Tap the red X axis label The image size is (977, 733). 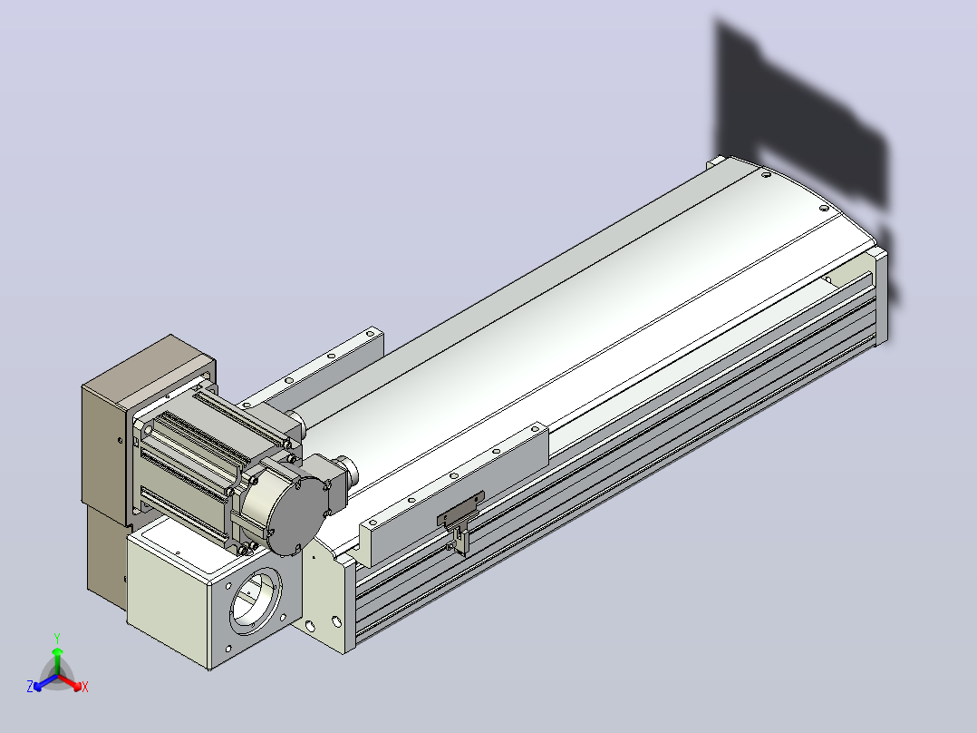pyautogui.click(x=85, y=687)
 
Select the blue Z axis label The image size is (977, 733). pyautogui.click(x=30, y=686)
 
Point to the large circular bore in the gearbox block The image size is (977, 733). pyautogui.click(x=256, y=601)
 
